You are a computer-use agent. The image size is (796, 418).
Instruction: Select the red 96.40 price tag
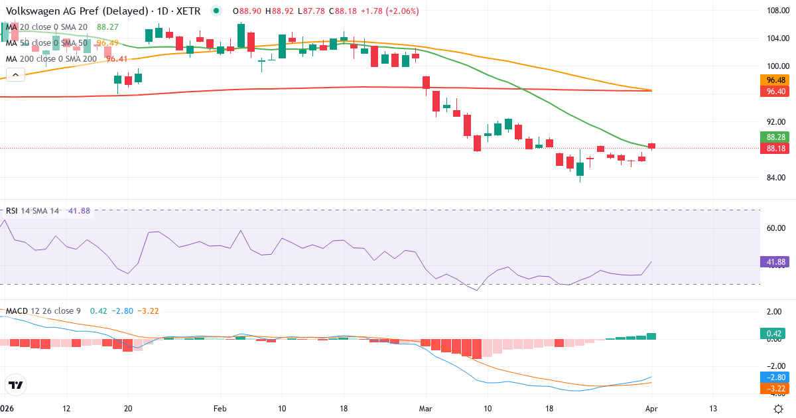point(776,92)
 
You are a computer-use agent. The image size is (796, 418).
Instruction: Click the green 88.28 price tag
point(776,137)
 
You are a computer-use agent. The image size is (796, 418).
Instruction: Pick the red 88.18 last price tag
point(776,148)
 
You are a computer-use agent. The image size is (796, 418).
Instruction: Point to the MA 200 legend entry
point(52,58)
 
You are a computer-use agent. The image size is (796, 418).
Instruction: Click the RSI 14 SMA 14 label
point(33,211)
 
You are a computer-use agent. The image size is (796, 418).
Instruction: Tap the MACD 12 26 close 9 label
point(44,311)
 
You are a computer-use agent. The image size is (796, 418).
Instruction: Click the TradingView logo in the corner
point(16,384)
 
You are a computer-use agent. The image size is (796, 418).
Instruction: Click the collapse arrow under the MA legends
point(15,74)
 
